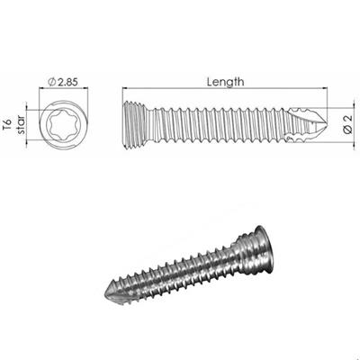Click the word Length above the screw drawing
[x=225, y=81]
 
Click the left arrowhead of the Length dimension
[x=123, y=88]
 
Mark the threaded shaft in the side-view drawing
[x=216, y=122]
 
